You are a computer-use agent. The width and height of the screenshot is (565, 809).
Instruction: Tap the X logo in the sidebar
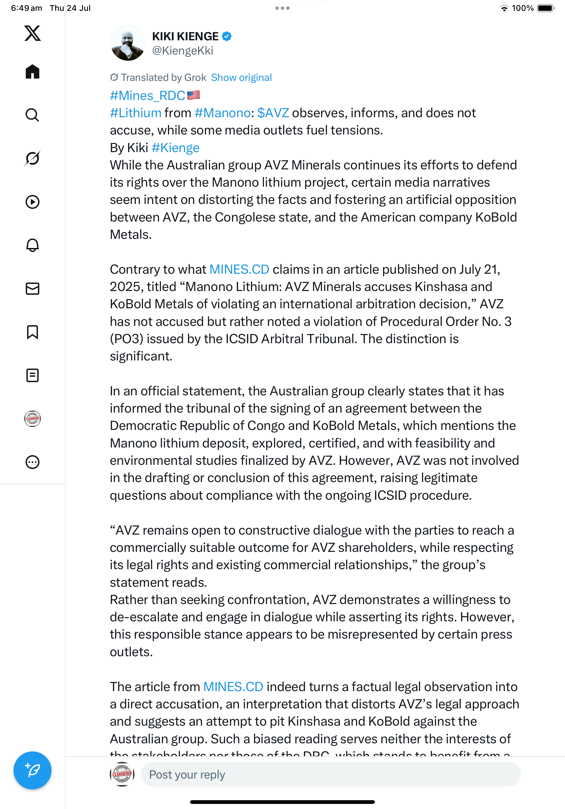pos(33,33)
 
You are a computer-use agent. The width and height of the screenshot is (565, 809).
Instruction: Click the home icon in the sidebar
pos(33,71)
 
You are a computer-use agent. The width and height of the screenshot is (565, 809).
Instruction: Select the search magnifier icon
pos(33,115)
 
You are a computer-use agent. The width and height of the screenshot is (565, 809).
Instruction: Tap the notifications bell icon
pos(33,245)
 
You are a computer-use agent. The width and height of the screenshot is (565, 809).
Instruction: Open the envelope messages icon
pos(33,289)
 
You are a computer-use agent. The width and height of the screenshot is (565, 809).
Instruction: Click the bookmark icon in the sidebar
pos(33,332)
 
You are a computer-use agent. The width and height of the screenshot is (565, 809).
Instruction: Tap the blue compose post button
pos(33,770)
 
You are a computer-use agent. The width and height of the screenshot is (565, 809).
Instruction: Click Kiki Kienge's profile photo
pos(127,43)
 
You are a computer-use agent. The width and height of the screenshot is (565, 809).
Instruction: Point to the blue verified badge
pos(227,36)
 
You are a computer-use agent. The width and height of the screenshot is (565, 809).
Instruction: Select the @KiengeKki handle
pos(183,51)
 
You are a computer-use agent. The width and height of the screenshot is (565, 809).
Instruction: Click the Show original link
pos(241,78)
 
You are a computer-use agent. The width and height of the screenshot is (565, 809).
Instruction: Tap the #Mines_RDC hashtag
pos(147,96)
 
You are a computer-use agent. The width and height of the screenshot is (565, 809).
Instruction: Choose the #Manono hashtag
pos(222,113)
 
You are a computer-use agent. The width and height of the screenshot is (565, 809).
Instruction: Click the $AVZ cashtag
pos(273,113)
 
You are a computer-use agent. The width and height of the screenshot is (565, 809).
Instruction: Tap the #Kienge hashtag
pos(175,148)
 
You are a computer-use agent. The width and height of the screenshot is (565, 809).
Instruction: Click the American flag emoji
pos(193,95)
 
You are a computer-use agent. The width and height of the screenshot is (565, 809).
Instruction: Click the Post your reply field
pos(330,774)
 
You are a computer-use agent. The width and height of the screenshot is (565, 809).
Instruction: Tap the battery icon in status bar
pos(545,8)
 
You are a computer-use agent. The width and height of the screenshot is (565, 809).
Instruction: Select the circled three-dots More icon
pos(33,462)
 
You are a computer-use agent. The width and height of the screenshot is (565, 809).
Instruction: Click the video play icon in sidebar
pos(33,202)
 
